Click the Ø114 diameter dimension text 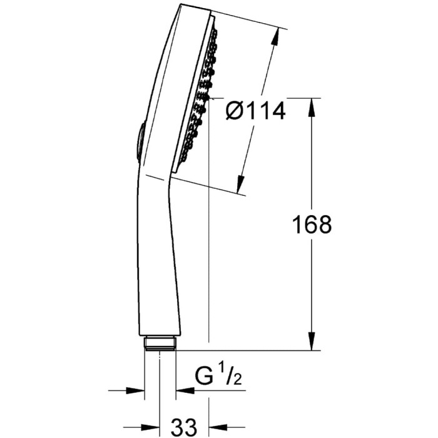(255, 111)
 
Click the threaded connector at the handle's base (160, 343)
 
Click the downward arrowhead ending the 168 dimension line (311, 344)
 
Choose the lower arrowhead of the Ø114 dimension (239, 186)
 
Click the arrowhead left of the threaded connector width (140, 390)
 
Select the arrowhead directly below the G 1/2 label (181, 390)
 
